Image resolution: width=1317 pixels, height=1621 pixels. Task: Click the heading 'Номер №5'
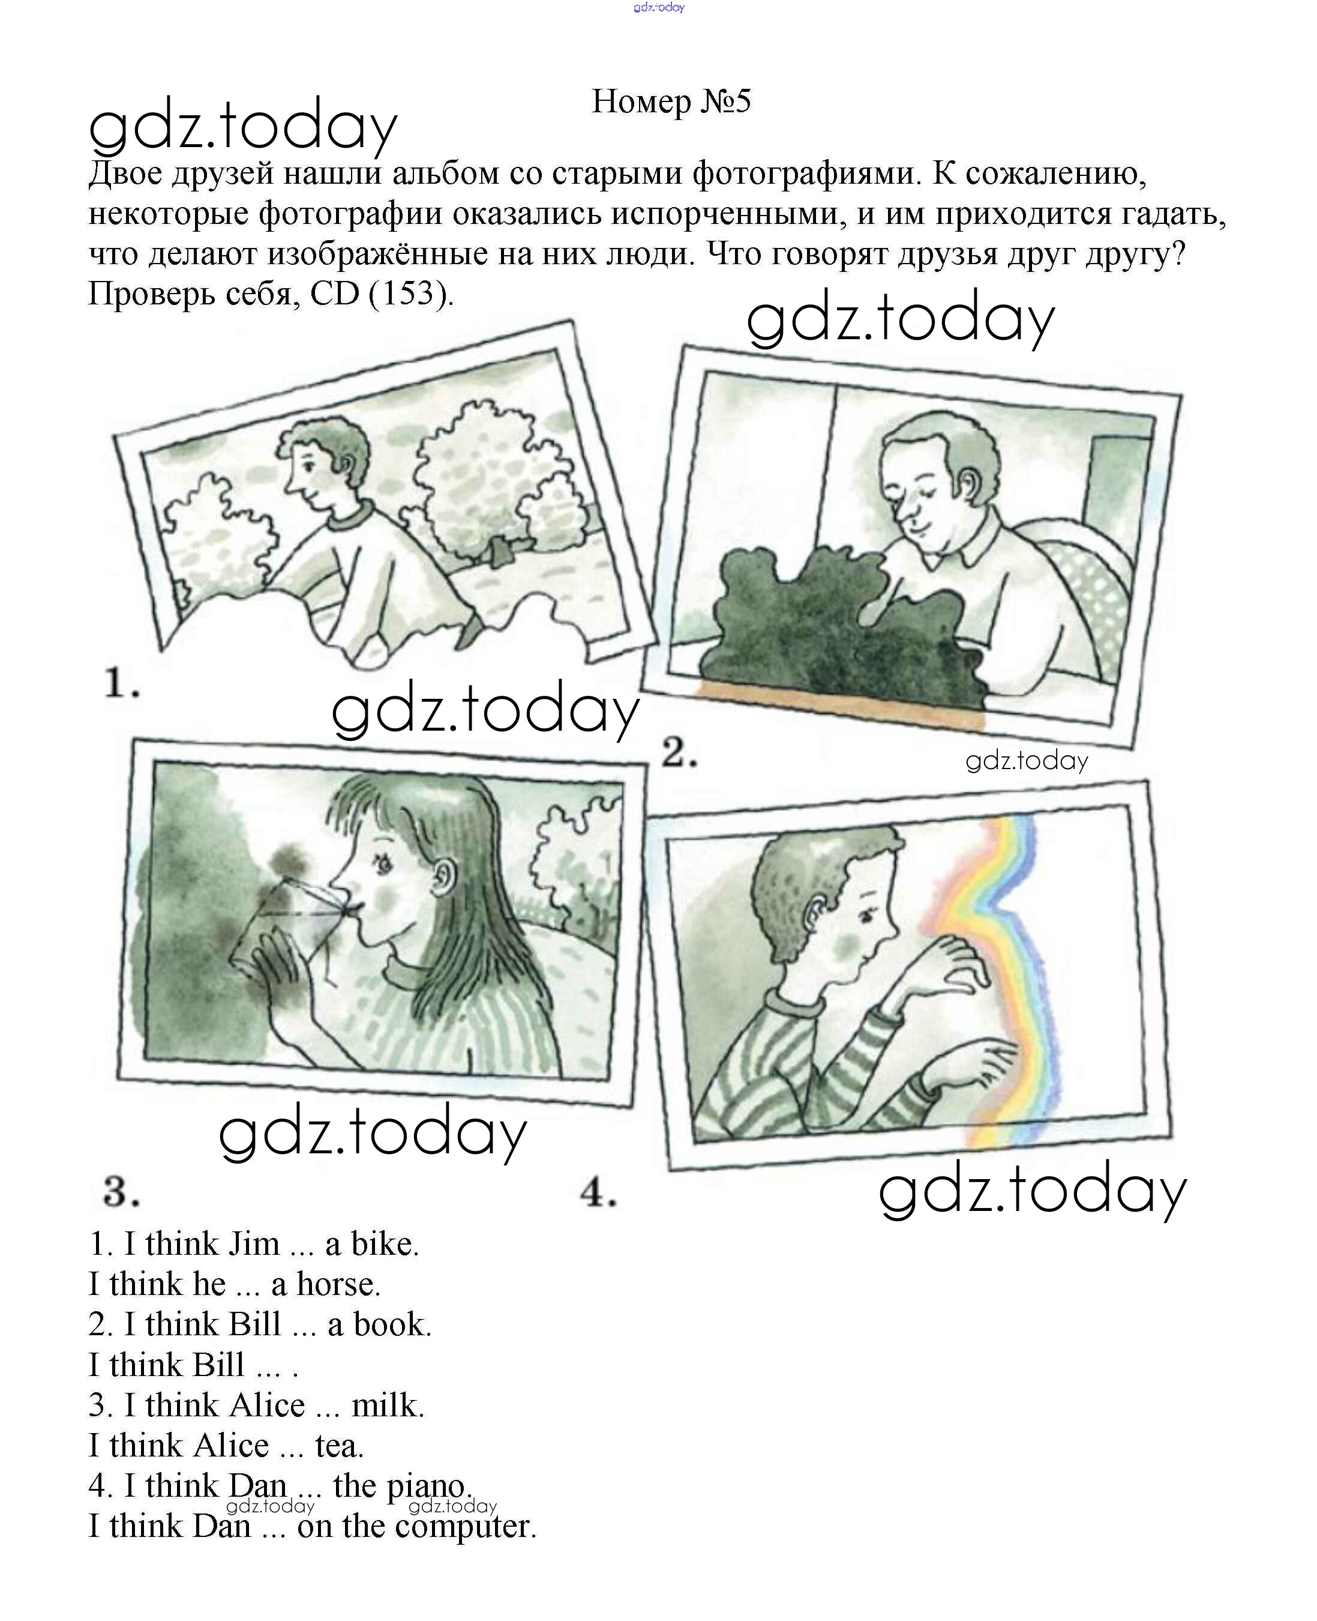coord(671,101)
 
